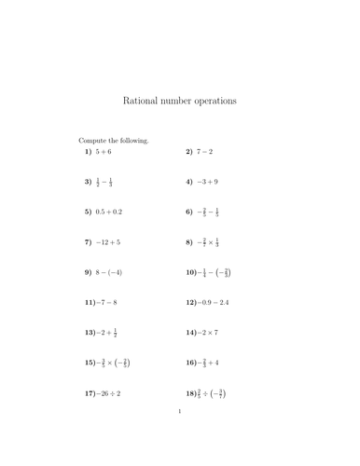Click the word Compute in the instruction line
click(94, 140)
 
